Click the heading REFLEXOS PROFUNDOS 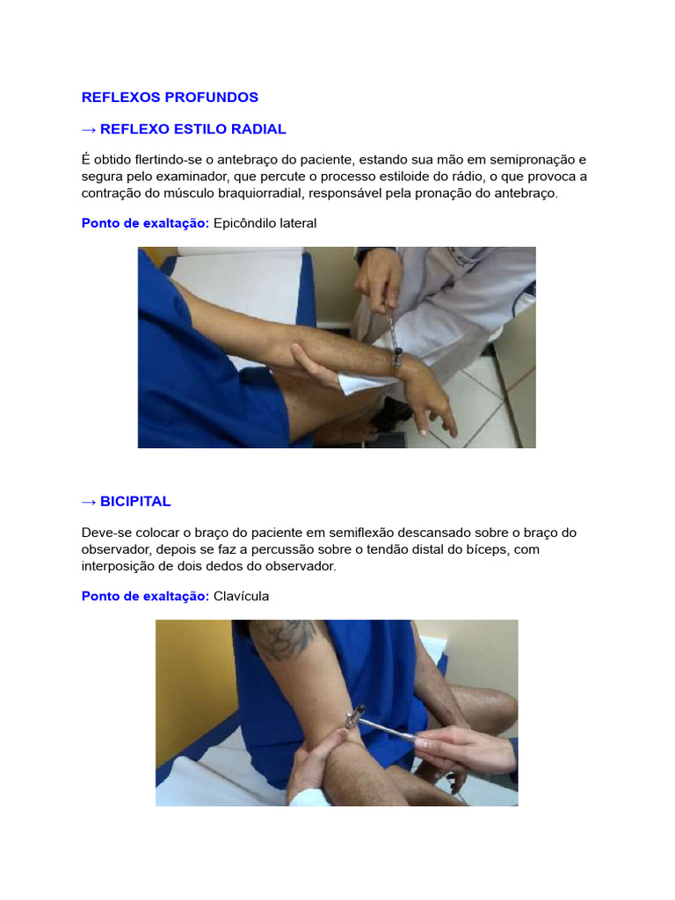170,97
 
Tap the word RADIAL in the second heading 258,129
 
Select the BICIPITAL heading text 135,502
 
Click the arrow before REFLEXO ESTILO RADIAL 89,130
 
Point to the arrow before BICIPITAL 89,502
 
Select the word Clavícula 241,597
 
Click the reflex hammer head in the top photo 396,359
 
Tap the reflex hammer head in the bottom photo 354,717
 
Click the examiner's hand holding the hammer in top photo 378,279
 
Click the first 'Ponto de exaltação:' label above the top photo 145,223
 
